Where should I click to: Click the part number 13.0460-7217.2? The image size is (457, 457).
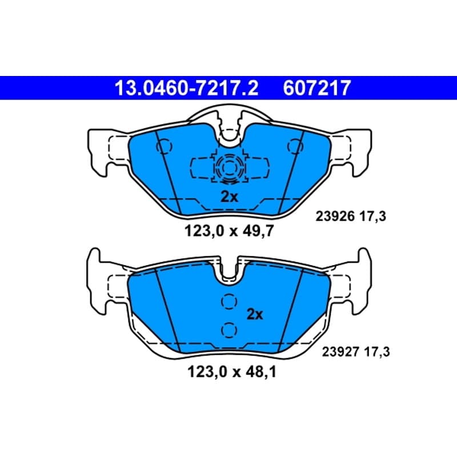187,88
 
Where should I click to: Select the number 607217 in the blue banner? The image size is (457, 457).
316,88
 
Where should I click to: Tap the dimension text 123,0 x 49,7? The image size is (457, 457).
229,231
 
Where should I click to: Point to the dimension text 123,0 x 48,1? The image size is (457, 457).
232,372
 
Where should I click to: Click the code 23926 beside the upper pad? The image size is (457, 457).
335,217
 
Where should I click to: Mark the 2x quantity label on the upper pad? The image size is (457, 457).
229,197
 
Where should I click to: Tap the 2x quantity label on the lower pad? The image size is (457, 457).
255,314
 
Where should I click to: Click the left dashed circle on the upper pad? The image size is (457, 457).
165,147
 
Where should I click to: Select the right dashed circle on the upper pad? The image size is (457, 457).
295,146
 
